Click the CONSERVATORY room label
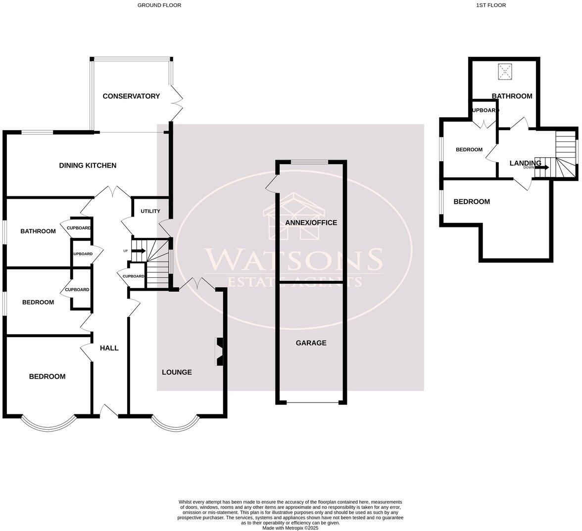click(131, 96)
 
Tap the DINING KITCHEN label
click(88, 165)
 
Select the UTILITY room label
click(150, 211)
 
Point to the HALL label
click(109, 348)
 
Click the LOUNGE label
click(177, 372)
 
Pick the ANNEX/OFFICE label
click(311, 222)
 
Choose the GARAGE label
click(311, 343)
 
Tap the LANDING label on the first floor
click(525, 163)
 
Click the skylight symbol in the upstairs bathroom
click(504, 72)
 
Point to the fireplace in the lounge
click(219, 352)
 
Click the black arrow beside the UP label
click(139, 251)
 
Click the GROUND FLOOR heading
click(159, 5)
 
